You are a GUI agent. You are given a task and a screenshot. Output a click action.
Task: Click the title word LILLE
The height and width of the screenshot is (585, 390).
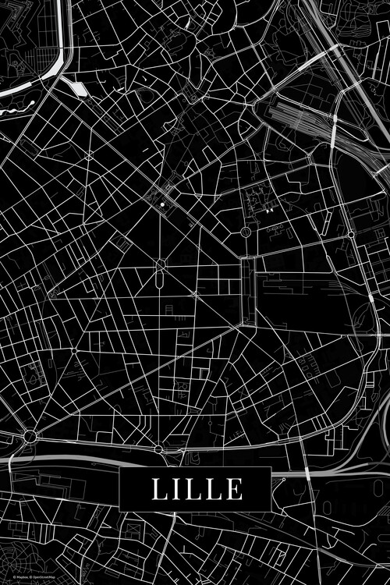197,489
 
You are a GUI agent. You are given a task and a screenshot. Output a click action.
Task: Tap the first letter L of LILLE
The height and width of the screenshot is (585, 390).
158,489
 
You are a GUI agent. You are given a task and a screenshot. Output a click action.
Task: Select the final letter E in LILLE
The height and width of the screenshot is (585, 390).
234,489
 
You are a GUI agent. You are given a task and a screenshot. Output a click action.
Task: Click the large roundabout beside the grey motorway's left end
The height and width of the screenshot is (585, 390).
30,436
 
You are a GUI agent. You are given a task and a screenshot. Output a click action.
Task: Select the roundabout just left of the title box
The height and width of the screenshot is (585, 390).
158,448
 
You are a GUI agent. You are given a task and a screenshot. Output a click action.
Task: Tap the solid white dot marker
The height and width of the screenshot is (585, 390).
162,204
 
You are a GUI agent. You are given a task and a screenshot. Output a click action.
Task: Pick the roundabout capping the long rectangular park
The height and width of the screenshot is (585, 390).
246,232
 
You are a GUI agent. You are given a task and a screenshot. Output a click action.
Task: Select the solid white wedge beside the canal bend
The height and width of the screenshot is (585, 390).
78,88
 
